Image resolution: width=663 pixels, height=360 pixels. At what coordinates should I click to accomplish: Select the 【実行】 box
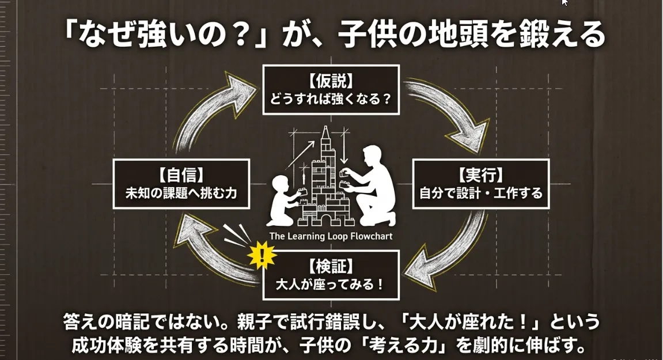[481, 184]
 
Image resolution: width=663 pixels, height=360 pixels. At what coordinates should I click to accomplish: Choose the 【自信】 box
[181, 184]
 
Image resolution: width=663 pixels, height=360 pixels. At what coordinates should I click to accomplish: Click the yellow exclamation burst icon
[262, 256]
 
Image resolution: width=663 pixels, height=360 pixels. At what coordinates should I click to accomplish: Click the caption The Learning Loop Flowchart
[331, 236]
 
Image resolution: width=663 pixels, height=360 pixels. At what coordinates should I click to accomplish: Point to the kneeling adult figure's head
[372, 156]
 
